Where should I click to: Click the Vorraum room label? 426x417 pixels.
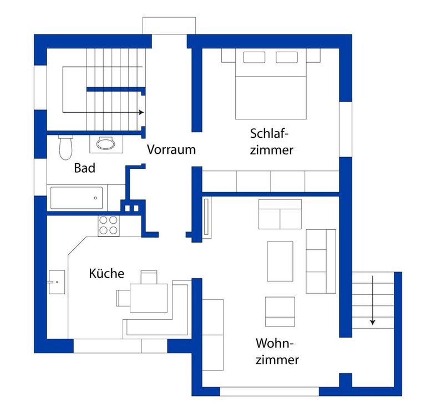171,149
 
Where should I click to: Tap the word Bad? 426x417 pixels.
84,168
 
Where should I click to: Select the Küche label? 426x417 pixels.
106,273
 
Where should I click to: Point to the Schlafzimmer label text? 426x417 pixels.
271,142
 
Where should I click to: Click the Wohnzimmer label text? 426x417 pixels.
277,351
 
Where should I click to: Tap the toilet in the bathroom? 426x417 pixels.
65,147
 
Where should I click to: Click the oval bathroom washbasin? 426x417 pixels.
106,143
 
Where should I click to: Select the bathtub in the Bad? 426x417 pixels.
77,198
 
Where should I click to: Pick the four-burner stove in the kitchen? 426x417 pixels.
108,226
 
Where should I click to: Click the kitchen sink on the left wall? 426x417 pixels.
57,282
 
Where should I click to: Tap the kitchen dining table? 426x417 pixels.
149,298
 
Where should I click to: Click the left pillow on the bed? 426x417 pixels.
254,57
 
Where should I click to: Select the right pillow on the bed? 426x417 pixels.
287,57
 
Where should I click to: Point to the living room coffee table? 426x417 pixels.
280,261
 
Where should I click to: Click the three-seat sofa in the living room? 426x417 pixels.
321,262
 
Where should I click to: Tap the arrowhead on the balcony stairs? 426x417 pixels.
373,323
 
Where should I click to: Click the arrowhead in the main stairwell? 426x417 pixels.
141,112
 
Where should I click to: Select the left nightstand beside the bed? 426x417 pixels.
228,55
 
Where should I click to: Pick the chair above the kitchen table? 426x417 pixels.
149,277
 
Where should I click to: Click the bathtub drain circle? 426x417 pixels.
95,198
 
